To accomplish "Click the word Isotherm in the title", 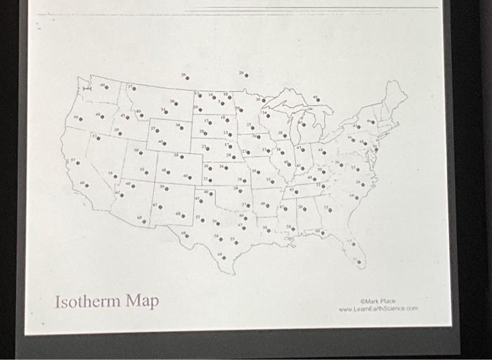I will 90,302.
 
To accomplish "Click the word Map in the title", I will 143,302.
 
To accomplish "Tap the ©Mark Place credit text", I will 380,301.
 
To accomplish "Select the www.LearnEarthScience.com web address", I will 378,309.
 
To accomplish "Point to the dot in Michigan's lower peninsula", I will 304,125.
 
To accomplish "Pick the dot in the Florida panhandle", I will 323,232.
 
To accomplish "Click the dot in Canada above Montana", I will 187,78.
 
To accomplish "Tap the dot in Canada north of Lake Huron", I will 318,100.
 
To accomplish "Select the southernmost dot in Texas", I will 224,257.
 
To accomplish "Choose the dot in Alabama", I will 304,209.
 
